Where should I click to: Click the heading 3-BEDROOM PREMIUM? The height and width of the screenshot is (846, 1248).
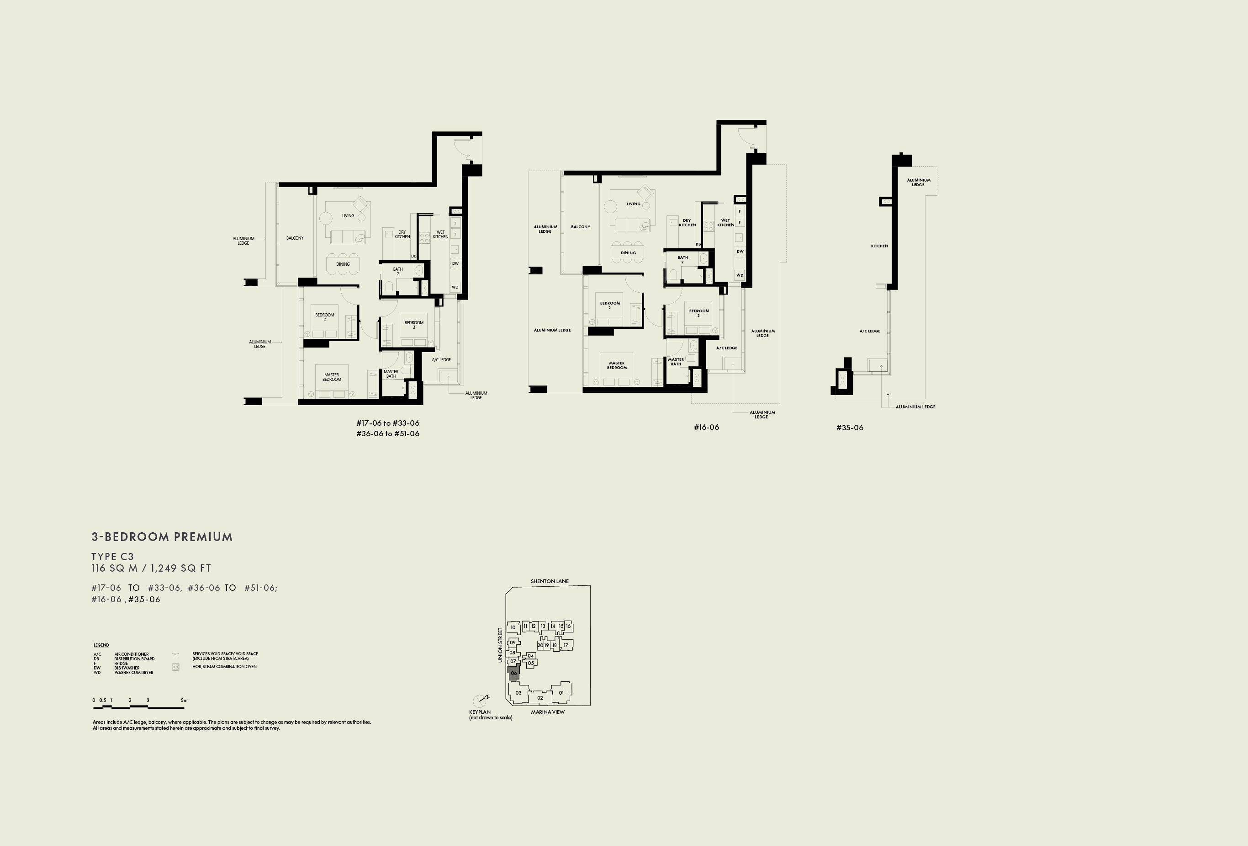click(x=162, y=537)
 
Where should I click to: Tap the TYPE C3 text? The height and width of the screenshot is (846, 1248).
click(x=112, y=557)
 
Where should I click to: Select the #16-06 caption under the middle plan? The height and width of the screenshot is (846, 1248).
click(x=706, y=427)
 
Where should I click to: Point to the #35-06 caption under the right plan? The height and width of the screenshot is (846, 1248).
click(x=850, y=428)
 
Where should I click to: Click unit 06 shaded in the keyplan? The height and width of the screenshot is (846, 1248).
click(x=514, y=673)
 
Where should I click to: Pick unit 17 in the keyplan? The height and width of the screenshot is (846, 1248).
click(x=566, y=645)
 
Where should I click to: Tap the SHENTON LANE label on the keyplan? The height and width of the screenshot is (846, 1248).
click(x=550, y=581)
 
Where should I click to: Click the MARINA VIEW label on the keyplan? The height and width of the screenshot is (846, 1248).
click(x=548, y=712)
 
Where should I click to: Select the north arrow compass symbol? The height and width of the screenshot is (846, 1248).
click(x=481, y=700)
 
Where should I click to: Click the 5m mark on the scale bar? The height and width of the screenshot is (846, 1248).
click(x=184, y=700)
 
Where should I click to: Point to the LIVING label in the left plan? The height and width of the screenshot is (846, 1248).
click(x=348, y=215)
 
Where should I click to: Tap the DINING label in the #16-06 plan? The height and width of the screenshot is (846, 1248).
click(x=628, y=252)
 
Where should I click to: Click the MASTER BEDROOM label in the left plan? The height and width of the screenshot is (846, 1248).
click(x=331, y=377)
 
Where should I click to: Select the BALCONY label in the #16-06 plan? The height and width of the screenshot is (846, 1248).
click(x=581, y=227)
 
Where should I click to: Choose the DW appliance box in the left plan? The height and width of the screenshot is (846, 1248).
click(x=455, y=263)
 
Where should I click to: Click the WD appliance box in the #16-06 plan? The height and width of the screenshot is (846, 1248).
click(x=740, y=275)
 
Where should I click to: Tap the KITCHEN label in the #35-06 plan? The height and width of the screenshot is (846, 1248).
click(x=879, y=246)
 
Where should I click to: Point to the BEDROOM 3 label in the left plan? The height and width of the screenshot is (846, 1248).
click(x=414, y=325)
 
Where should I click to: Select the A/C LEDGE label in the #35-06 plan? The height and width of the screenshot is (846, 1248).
click(x=869, y=331)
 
